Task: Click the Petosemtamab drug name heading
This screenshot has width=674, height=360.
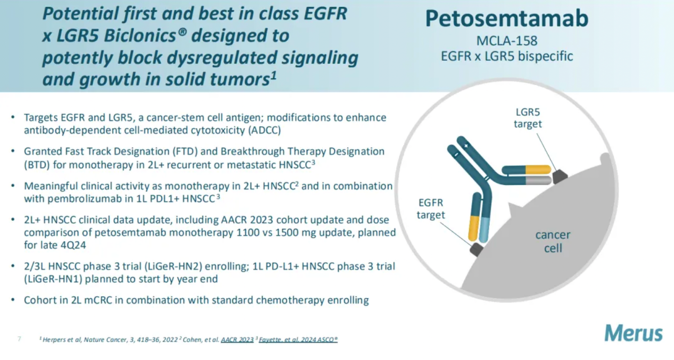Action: [x=506, y=18]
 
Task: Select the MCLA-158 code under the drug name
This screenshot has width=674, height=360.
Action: [x=506, y=41]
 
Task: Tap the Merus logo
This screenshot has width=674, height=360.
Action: [x=634, y=333]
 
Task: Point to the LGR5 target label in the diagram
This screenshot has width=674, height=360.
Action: [x=528, y=118]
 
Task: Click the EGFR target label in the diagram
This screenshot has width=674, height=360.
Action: [x=431, y=208]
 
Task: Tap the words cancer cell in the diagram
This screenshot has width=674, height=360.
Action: [x=553, y=241]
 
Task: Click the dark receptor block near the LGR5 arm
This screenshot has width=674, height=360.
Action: [x=559, y=177]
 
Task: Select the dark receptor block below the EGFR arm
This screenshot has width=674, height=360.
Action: [x=477, y=249]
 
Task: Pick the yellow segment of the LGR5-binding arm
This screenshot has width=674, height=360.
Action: [x=538, y=170]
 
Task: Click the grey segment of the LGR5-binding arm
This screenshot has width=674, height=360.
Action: [x=538, y=180]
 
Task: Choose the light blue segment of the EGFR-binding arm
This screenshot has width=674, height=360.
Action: [x=484, y=229]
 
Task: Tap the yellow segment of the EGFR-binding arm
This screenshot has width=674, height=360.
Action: [x=474, y=228]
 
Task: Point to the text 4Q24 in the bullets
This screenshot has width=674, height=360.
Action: [x=73, y=245]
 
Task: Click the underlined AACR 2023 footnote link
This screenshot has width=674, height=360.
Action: [x=237, y=340]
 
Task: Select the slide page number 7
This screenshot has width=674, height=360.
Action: [x=19, y=339]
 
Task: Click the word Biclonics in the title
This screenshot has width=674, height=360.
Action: [x=140, y=36]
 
